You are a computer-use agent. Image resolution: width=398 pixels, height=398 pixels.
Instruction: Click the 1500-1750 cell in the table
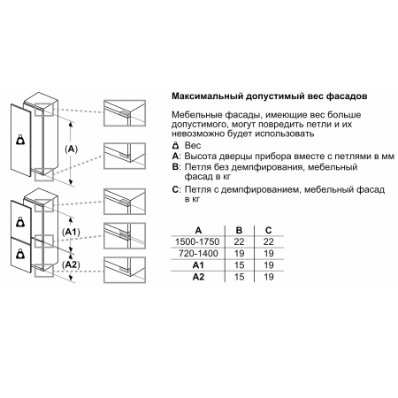click(197, 241)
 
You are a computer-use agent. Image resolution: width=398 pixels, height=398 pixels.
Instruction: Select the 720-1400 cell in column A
click(198, 253)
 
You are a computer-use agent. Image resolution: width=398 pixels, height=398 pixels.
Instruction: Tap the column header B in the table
click(239, 230)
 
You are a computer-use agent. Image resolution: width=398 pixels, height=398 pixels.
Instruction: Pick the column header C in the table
click(268, 230)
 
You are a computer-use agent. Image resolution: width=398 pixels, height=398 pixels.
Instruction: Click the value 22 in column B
click(239, 241)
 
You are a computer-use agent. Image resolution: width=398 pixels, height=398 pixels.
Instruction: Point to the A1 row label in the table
click(198, 265)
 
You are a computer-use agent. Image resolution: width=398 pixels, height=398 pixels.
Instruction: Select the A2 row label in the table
click(198, 277)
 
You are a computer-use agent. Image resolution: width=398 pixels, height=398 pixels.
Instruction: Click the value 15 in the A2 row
click(239, 277)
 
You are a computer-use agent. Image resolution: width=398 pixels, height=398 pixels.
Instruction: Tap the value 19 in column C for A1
click(268, 265)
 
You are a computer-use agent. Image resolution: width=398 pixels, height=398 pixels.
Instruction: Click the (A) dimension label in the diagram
click(71, 149)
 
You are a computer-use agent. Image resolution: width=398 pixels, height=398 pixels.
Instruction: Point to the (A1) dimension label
click(71, 233)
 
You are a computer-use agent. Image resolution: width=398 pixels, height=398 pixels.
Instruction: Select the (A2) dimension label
click(71, 264)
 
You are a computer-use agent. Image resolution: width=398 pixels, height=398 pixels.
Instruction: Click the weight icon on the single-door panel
click(20, 140)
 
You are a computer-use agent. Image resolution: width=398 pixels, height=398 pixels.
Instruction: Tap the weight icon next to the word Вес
click(175, 145)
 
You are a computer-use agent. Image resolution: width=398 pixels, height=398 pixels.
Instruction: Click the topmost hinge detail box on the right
click(125, 113)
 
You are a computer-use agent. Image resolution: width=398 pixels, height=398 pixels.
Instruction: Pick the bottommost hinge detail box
click(125, 270)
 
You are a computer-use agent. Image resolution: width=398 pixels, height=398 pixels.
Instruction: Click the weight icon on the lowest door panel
click(20, 254)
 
